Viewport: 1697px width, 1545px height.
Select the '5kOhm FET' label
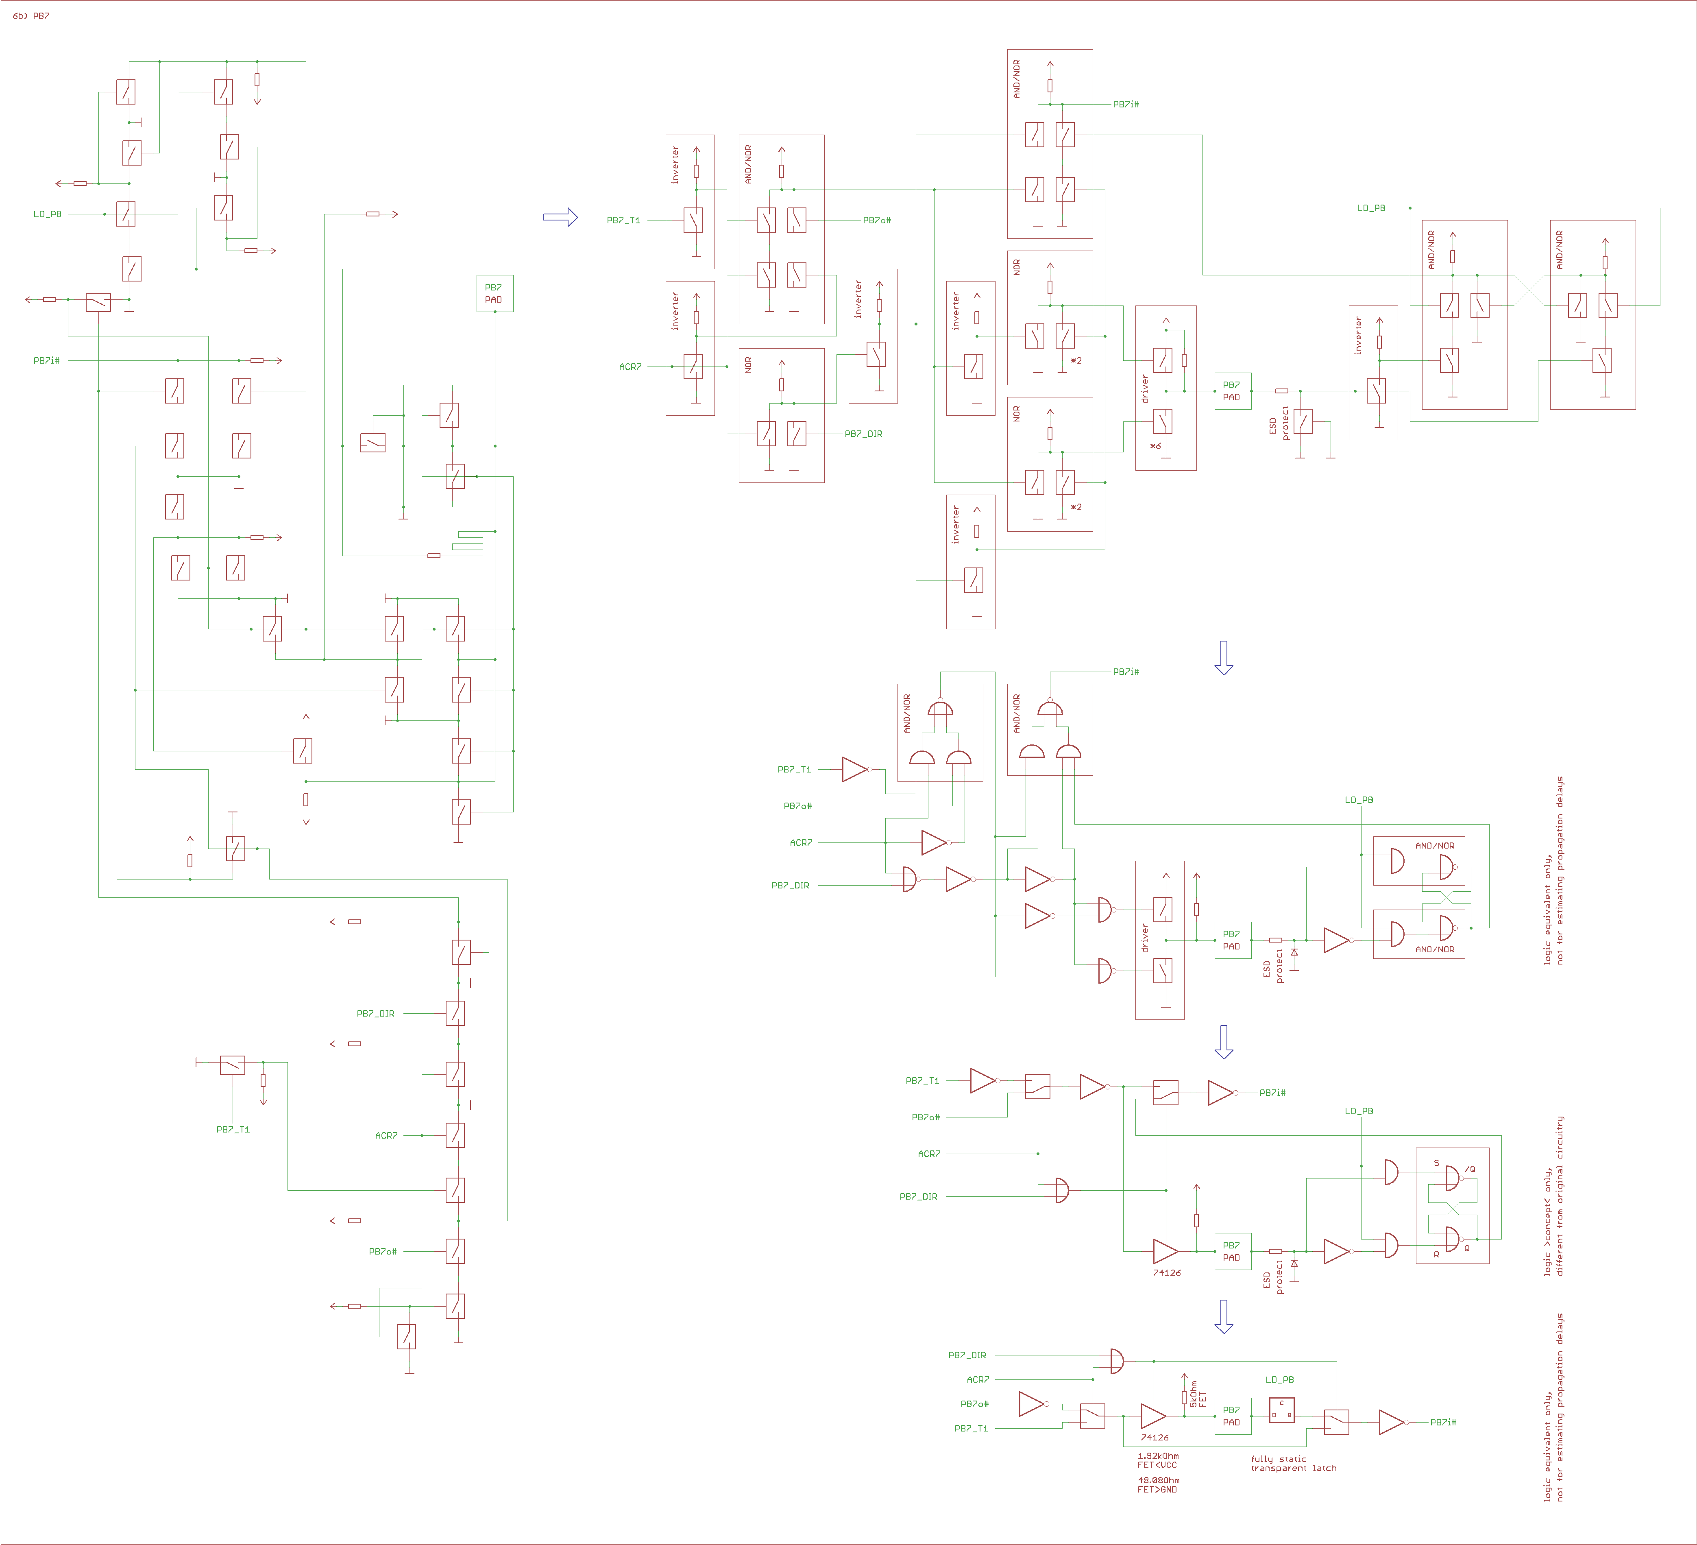pyautogui.click(x=1198, y=1393)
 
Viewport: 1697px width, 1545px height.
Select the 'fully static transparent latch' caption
pyautogui.click(x=1293, y=1463)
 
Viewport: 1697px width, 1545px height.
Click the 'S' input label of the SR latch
pyautogui.click(x=1436, y=1163)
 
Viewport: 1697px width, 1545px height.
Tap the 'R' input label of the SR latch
pyautogui.click(x=1436, y=1254)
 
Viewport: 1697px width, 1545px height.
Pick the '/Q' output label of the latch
pyautogui.click(x=1470, y=1169)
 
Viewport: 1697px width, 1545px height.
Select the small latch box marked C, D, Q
pyautogui.click(x=1281, y=1410)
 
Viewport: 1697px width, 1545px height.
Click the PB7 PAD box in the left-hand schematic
pyautogui.click(x=494, y=293)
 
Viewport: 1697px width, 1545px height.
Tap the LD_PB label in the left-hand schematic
pyautogui.click(x=47, y=214)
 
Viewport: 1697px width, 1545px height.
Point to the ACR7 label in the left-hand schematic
pyautogui.click(x=386, y=1135)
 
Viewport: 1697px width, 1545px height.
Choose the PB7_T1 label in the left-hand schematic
pyautogui.click(x=233, y=1129)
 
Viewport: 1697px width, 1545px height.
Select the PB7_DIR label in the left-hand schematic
pyautogui.click(x=375, y=1013)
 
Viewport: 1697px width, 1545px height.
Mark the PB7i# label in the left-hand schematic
pyautogui.click(x=46, y=360)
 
